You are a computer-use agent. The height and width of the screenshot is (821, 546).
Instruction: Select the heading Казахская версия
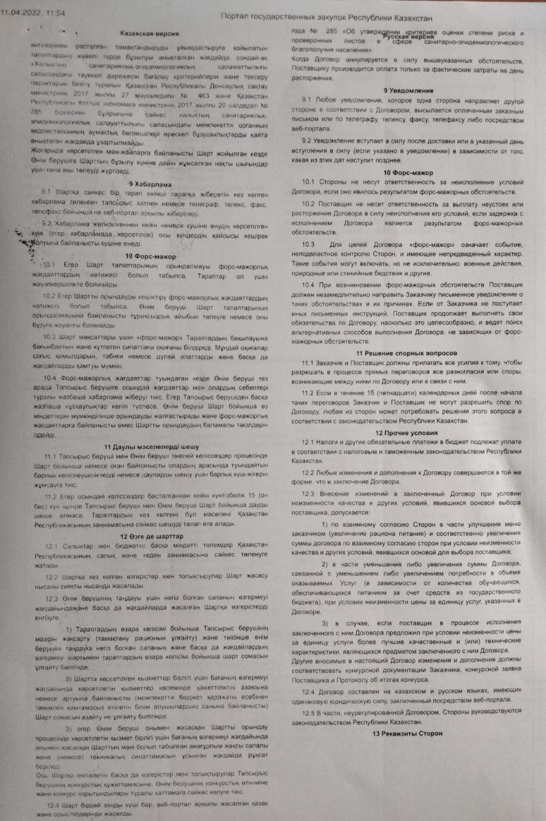(x=149, y=33)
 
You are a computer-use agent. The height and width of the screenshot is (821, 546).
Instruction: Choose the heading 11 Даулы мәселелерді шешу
(x=151, y=446)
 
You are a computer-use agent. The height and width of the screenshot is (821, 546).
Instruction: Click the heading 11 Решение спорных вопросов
(x=407, y=353)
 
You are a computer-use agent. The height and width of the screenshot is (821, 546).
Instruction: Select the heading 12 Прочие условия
(x=407, y=433)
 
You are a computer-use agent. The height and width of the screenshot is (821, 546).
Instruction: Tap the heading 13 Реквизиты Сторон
(x=407, y=733)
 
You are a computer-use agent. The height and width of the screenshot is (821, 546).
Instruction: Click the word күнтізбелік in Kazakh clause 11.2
(x=189, y=496)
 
